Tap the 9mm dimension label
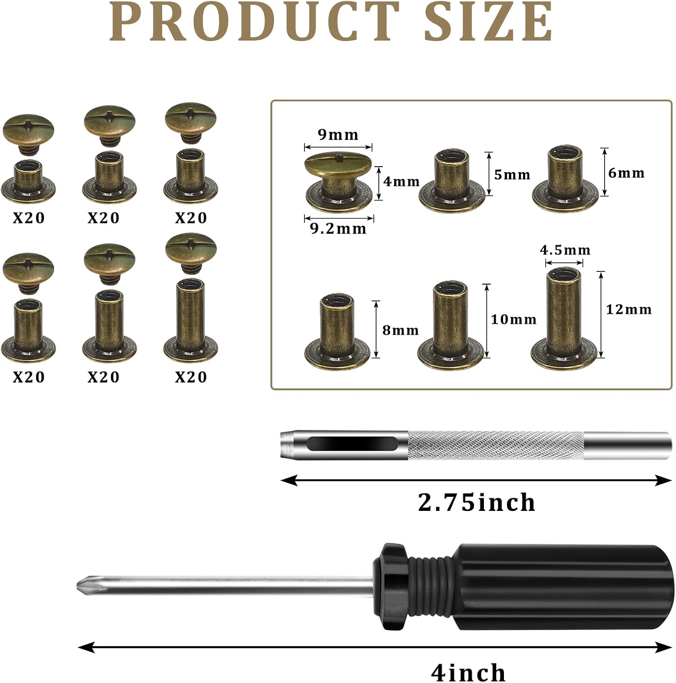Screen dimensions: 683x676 (338, 135)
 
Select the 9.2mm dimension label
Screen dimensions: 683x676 (338, 228)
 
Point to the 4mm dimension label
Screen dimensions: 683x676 (402, 181)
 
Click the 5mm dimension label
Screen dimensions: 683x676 (512, 174)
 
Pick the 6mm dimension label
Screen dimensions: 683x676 (626, 173)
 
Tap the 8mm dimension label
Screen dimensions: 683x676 (401, 330)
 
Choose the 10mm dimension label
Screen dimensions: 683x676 (513, 319)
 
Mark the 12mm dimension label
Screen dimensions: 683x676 (629, 310)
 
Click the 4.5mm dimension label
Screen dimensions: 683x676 (565, 250)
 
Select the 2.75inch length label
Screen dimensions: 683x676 (477, 502)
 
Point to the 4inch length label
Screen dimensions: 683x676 (468, 672)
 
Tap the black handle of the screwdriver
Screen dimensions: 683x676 (560, 586)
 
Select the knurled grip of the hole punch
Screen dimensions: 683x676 (495, 445)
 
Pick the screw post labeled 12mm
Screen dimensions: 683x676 (564, 319)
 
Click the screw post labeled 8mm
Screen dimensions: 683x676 (337, 330)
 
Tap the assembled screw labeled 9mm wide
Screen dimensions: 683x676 (338, 181)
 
